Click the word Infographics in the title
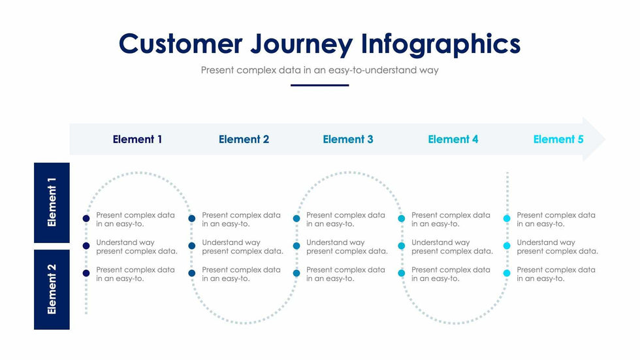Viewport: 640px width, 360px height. pos(441,44)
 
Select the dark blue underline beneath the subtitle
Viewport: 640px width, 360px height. pos(319,85)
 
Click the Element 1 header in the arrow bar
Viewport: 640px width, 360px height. pos(137,139)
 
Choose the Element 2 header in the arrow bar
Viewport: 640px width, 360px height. pos(244,139)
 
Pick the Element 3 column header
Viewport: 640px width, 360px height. pos(348,139)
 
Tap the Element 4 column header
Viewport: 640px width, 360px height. pos(453,139)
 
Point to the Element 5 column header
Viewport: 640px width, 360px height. pos(558,139)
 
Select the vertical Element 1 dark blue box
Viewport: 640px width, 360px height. pos(52,203)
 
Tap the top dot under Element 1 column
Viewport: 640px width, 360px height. pos(86,219)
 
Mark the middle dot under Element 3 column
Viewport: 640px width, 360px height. pos(296,246)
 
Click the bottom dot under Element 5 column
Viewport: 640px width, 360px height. pos(507,273)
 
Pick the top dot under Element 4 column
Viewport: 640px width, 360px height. pos(402,219)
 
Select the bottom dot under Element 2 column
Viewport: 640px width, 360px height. pos(191,273)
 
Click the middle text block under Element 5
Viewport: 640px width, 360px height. pos(557,247)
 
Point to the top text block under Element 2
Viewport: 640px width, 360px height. pos(241,220)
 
